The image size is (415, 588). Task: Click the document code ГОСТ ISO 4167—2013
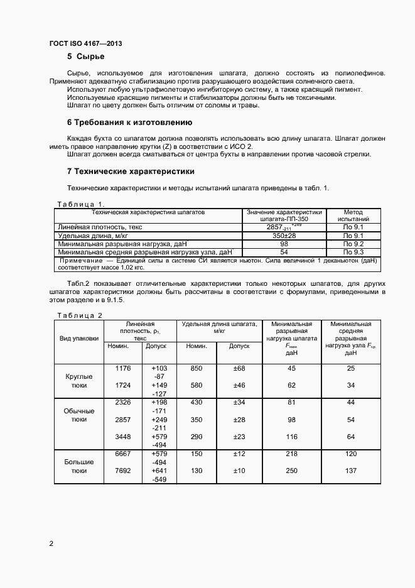(x=85, y=43)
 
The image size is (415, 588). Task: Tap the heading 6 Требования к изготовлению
(x=129, y=122)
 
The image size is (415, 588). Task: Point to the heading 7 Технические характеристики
(x=131, y=171)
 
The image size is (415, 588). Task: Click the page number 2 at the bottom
(x=51, y=543)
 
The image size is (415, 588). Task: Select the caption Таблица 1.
(x=80, y=204)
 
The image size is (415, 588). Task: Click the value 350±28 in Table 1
(x=284, y=235)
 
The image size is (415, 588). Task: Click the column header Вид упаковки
(x=79, y=338)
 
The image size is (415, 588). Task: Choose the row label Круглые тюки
(x=79, y=381)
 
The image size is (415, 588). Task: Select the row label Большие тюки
(x=79, y=465)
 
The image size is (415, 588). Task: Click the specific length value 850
(x=197, y=368)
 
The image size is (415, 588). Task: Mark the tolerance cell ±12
(x=239, y=454)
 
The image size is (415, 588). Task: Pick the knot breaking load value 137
(x=350, y=471)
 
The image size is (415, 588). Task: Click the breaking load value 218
(x=291, y=454)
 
